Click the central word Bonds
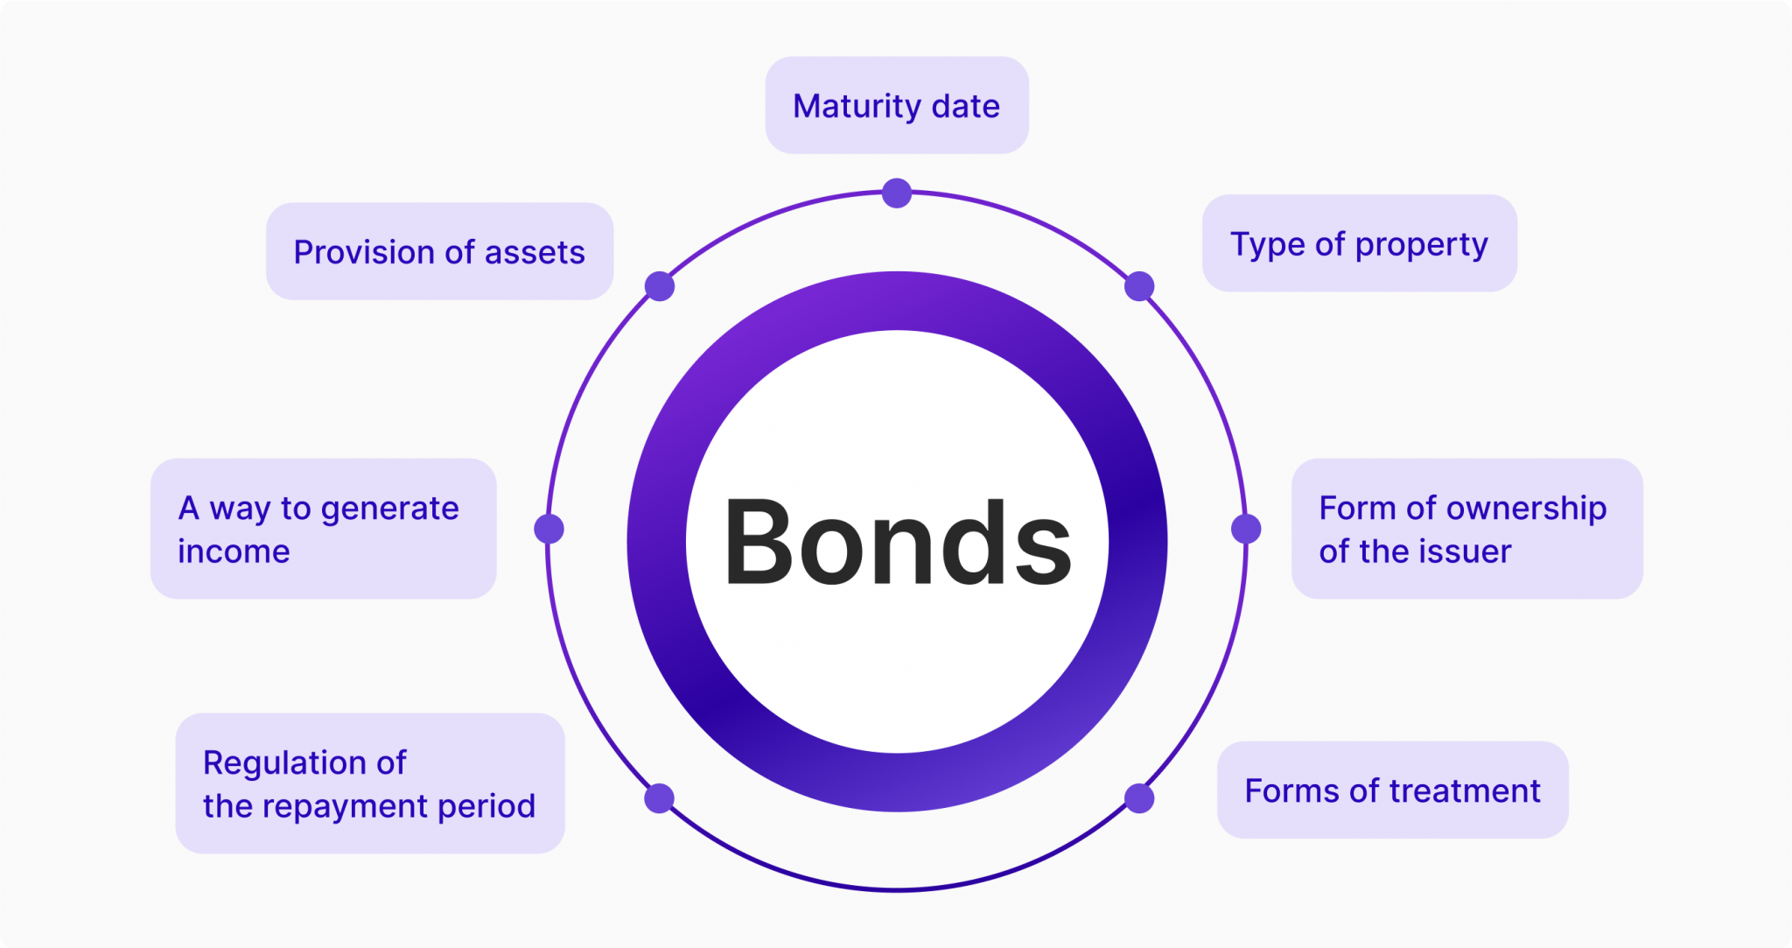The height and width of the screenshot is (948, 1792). point(897,542)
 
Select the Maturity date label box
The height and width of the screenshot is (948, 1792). point(897,106)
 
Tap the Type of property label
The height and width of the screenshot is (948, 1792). point(1359,244)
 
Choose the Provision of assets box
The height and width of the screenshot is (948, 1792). point(439,252)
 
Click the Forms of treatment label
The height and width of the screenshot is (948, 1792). point(1392,790)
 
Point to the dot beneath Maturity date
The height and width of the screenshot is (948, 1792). point(897,193)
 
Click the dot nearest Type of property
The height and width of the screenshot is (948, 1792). point(1139,286)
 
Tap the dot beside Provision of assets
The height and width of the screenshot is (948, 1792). point(660,286)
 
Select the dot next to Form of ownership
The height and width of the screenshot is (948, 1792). point(1246,529)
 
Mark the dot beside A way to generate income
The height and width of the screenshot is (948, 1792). point(549,529)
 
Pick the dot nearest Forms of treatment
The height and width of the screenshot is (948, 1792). point(1139,798)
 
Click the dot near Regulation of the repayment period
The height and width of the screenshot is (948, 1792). point(659,798)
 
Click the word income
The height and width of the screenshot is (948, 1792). point(234,551)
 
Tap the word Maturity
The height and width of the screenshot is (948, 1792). point(857,107)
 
